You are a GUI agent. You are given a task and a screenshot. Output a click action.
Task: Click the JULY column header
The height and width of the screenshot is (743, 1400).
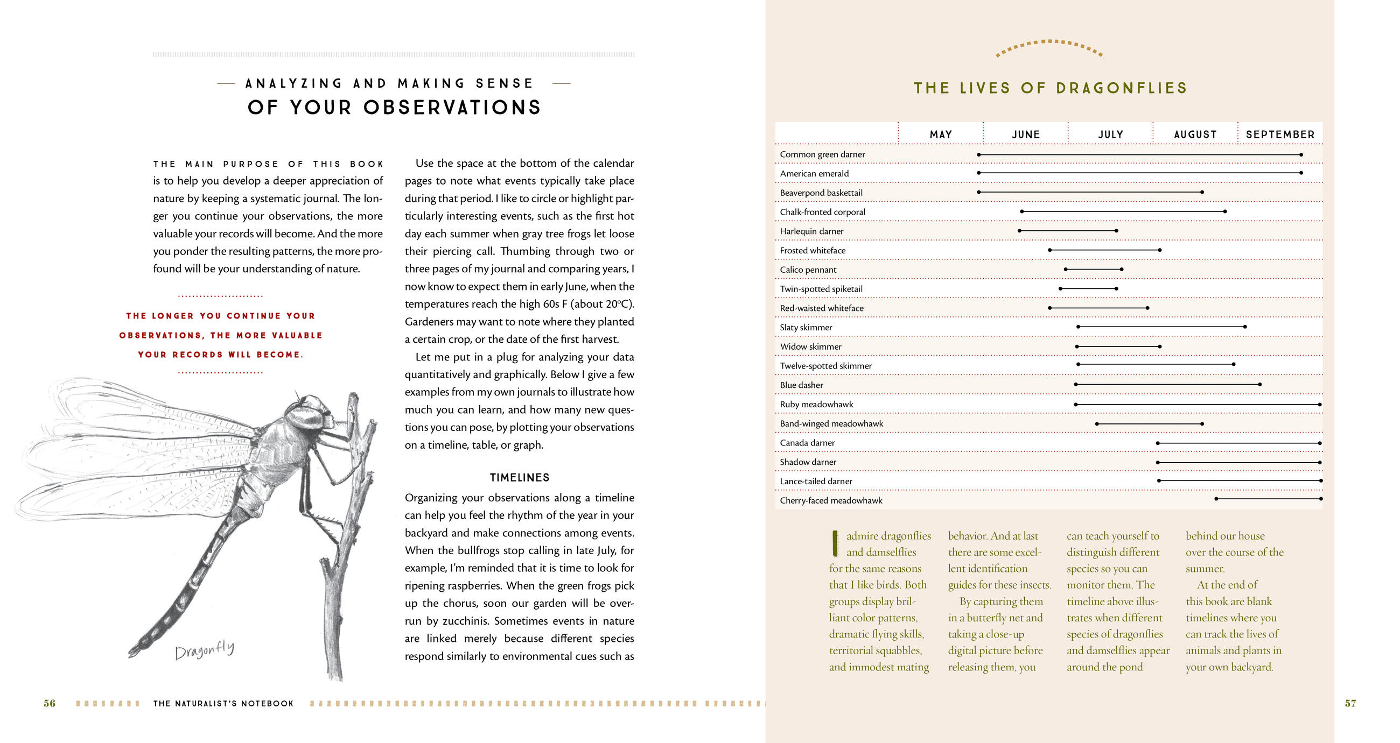(x=1110, y=134)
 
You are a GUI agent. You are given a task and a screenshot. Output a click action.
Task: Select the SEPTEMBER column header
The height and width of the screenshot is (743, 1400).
(x=1280, y=134)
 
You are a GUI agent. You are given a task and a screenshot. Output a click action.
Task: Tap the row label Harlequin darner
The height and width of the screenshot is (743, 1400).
(x=811, y=231)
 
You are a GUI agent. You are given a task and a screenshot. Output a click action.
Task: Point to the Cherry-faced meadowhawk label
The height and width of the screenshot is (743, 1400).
(x=831, y=500)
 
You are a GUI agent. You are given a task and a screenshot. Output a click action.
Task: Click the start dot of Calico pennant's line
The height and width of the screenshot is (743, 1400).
(x=1066, y=270)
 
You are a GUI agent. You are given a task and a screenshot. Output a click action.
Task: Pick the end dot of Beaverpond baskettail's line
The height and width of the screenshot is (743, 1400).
(x=1202, y=192)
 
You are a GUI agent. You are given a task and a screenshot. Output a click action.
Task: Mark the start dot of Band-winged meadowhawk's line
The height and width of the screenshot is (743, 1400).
(x=1097, y=423)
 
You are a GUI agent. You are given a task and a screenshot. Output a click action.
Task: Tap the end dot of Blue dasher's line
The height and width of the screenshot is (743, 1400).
(x=1260, y=385)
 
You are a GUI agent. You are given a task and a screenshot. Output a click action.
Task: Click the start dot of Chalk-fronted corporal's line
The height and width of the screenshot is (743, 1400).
(x=1022, y=211)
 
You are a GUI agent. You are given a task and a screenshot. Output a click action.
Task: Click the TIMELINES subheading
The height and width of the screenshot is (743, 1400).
(x=519, y=477)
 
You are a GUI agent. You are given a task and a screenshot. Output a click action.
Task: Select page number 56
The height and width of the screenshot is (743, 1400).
(x=50, y=703)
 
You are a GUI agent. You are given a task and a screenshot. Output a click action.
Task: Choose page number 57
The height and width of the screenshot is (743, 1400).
(x=1350, y=703)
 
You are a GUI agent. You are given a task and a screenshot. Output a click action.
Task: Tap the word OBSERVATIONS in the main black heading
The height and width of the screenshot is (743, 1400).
(x=452, y=108)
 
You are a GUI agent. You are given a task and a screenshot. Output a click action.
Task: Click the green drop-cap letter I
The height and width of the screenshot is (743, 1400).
(x=835, y=543)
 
